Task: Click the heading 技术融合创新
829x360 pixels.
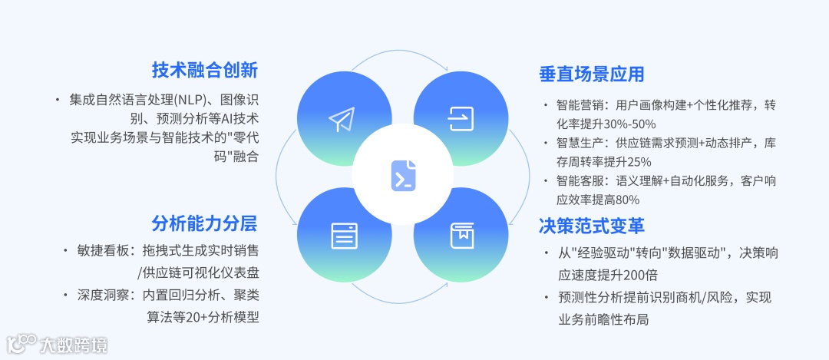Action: coord(204,71)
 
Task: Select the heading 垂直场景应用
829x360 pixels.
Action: coord(591,74)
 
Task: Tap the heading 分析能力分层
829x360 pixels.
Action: coord(204,223)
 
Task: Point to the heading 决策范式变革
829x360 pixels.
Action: coord(591,226)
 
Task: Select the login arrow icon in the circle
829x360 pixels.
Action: coord(461,118)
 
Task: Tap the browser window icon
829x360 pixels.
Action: coord(344,236)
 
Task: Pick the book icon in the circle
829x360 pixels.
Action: coord(461,236)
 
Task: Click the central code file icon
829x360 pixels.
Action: coord(403,175)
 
